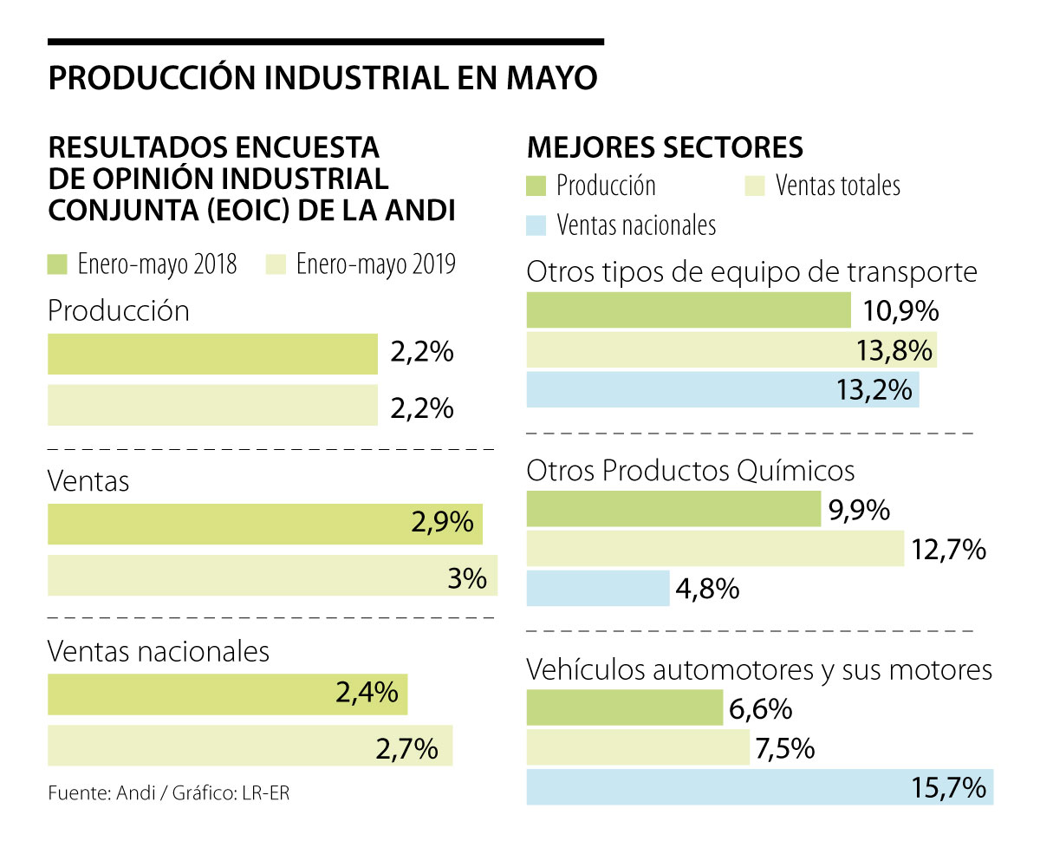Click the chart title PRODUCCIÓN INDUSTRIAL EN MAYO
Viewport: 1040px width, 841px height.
322,78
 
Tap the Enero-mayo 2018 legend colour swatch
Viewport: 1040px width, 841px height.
57,264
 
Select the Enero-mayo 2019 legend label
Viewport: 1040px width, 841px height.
375,264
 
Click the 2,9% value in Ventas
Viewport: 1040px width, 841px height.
443,522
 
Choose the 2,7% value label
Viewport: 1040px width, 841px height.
406,746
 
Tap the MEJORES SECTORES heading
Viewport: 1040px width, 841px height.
665,147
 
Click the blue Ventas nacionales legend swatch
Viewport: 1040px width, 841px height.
536,225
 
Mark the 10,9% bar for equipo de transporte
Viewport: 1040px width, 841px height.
688,310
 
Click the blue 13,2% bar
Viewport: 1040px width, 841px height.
723,390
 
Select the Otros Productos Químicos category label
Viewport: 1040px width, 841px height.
691,470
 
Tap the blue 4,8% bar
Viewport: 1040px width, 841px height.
598,589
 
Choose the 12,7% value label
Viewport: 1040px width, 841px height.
948,549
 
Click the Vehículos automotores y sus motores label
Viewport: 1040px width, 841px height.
759,669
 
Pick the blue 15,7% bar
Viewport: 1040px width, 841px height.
759,787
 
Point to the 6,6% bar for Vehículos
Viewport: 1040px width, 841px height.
624,707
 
